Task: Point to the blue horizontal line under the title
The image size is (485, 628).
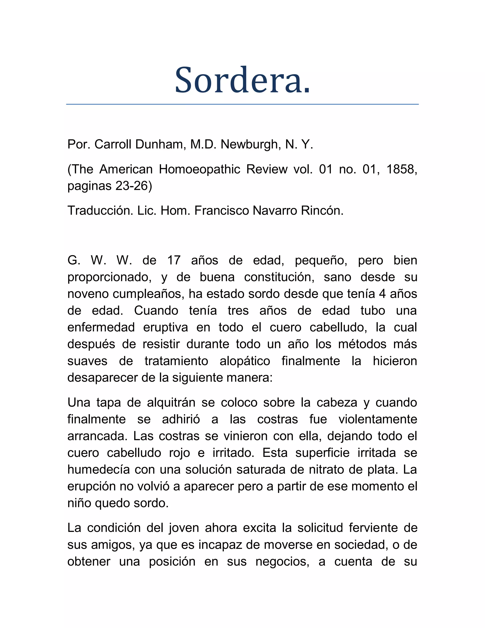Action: click(x=242, y=104)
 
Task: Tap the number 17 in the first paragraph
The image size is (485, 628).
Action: click(x=174, y=260)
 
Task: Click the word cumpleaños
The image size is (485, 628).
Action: click(x=148, y=294)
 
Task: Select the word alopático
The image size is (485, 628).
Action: click(x=245, y=361)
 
